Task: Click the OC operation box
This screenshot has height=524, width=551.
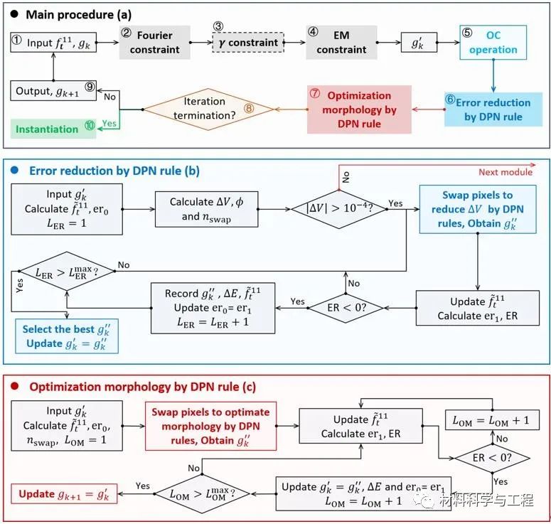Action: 493,42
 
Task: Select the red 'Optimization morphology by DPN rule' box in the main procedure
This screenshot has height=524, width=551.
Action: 360,109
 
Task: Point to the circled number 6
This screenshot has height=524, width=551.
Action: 450,100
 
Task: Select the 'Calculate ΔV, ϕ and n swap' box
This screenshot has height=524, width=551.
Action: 206,209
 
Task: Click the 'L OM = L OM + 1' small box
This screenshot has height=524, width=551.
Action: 491,420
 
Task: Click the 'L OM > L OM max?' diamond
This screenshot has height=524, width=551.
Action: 203,492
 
